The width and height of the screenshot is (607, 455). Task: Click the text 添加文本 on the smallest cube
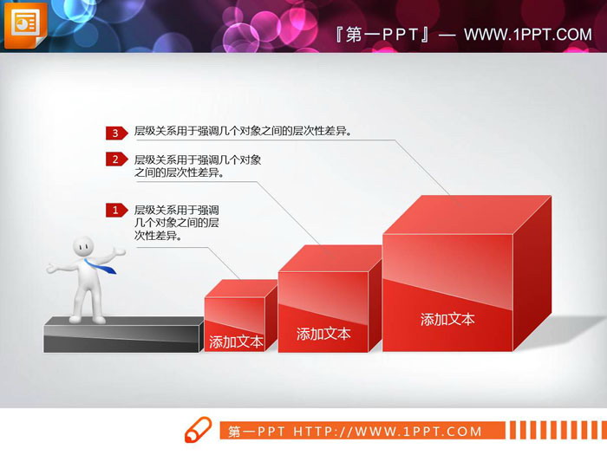pos(236,341)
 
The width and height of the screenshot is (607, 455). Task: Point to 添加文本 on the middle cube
pos(323,334)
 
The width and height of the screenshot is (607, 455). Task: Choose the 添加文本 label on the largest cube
pos(447,319)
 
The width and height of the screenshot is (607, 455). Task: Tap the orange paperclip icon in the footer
pos(199,431)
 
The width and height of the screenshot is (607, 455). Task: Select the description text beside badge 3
pos(242,133)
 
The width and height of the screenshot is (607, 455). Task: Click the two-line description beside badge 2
pos(198,166)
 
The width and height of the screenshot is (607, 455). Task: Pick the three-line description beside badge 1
pos(176,223)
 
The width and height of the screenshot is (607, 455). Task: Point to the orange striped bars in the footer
pos(550,431)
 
